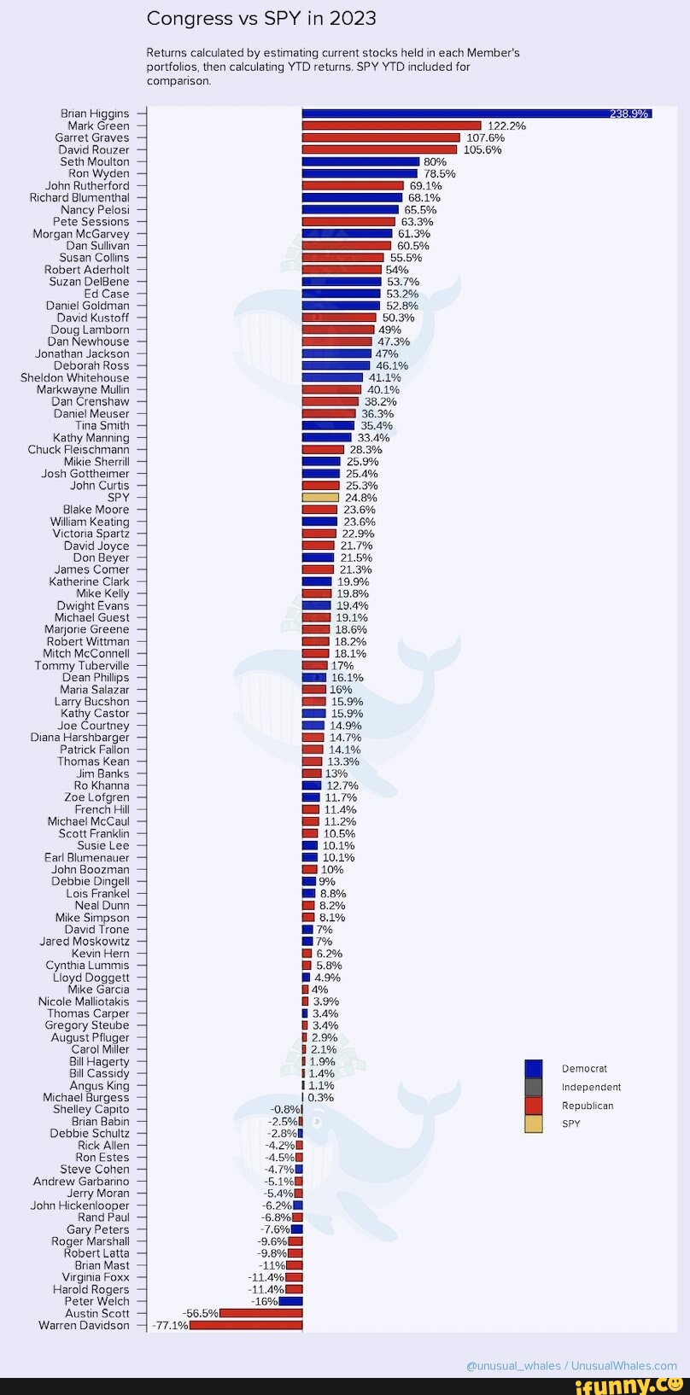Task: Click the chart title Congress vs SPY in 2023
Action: coord(261,19)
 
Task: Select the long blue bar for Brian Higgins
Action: coord(477,114)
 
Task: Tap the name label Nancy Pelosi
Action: coord(95,210)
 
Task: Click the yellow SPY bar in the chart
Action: coord(320,498)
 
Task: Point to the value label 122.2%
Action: coord(506,125)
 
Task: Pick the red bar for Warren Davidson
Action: coord(246,1326)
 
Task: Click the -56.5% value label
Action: coord(201,1313)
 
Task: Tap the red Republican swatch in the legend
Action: coord(534,1106)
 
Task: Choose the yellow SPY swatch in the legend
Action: coord(534,1124)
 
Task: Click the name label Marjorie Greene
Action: coord(87,629)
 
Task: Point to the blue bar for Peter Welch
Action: coord(290,1301)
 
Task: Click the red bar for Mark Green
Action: coord(391,125)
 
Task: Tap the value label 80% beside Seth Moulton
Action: coord(435,161)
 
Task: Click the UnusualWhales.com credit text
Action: coord(571,1365)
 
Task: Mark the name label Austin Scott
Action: coord(97,1313)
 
